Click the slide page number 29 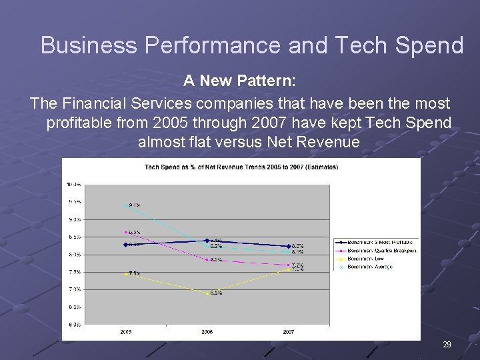[x=447, y=345]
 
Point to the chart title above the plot [x=241, y=167]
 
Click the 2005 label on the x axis [x=125, y=331]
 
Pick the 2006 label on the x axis [x=207, y=331]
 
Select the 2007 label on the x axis [x=289, y=331]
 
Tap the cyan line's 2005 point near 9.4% [x=125, y=205]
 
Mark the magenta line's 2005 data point [x=125, y=232]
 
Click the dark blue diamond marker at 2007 [x=289, y=247]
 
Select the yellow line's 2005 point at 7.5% [x=125, y=273]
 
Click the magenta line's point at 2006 [x=208, y=259]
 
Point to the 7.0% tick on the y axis [x=73, y=289]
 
